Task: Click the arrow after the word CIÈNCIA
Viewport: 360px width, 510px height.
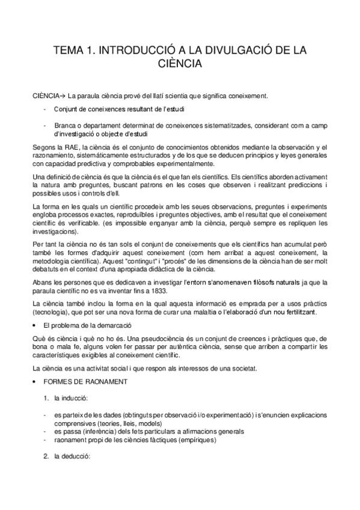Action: coord(61,96)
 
